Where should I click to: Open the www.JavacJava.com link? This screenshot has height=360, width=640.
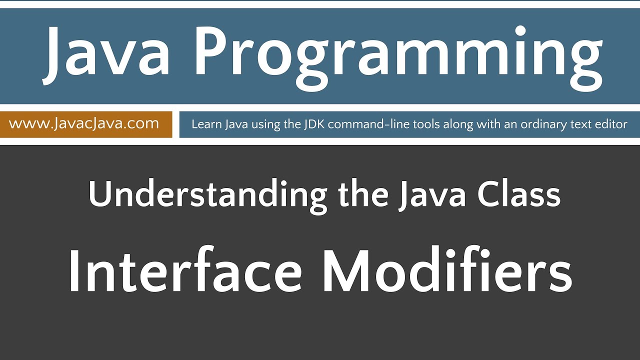click(x=83, y=123)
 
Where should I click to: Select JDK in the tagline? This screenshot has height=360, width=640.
click(x=313, y=124)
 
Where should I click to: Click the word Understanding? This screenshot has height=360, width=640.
click(x=207, y=195)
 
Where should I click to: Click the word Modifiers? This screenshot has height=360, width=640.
click(x=447, y=273)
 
